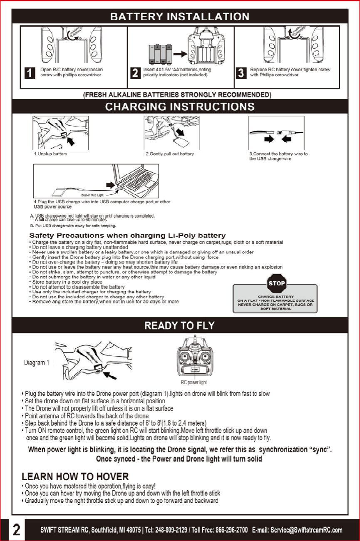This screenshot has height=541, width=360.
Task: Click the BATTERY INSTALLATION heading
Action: tap(180, 17)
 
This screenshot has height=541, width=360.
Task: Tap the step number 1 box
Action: tap(30, 73)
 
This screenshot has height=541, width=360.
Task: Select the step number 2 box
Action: tap(135, 73)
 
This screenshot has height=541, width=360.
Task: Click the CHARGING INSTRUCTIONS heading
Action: tap(180, 107)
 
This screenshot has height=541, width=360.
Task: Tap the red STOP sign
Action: tap(276, 283)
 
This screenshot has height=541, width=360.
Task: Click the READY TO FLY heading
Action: tap(180, 325)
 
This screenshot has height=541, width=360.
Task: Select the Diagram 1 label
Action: tap(36, 362)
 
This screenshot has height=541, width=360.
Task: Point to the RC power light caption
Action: tap(194, 382)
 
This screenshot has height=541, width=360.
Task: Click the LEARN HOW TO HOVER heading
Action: tap(75, 476)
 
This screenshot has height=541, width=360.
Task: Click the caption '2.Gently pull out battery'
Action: tap(170, 154)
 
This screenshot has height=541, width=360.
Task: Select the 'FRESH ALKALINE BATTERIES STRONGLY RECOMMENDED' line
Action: tap(178, 94)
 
